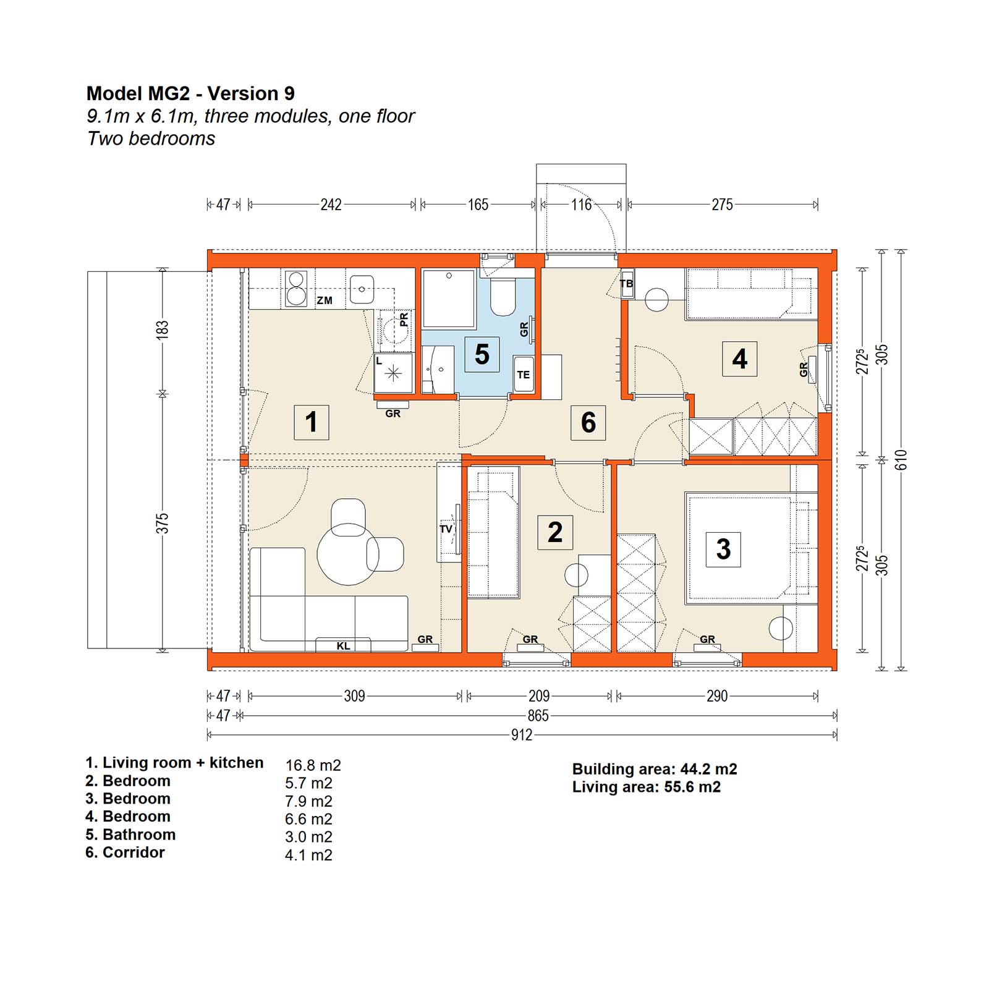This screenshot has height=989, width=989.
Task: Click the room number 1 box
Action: coord(311,422)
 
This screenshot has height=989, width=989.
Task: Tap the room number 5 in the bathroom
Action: coord(482,354)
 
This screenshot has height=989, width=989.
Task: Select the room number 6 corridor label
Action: coord(588,422)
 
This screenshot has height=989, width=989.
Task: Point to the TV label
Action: coord(446,529)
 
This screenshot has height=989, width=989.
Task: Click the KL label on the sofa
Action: coord(343,646)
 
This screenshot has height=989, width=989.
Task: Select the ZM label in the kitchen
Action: coord(325,300)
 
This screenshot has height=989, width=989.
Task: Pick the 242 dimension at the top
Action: coord(331,204)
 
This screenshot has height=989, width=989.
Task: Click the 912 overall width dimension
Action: coord(522,734)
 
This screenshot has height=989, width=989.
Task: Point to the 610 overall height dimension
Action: coord(901,460)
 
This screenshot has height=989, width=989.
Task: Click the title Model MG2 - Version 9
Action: coord(190,93)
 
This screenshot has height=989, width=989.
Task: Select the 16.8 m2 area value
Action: coord(313,765)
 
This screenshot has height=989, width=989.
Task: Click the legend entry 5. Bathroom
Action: coord(130,834)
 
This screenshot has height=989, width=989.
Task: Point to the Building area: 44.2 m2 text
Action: coord(655,769)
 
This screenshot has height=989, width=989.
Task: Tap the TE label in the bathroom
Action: coord(523,375)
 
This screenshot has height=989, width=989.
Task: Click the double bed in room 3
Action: coord(739,548)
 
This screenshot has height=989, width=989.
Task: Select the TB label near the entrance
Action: coord(626,284)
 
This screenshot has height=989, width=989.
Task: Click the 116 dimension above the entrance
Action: coord(581,204)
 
